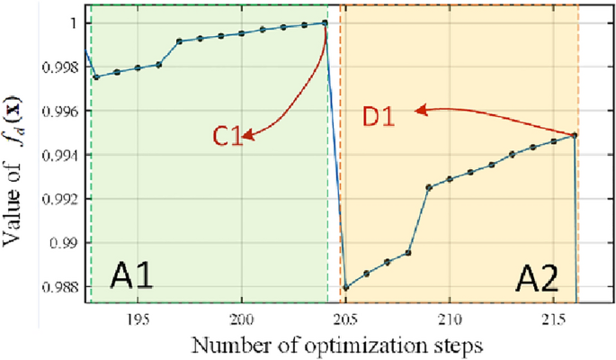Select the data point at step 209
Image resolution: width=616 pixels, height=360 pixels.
429,187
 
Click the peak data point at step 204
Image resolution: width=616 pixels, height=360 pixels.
325,22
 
